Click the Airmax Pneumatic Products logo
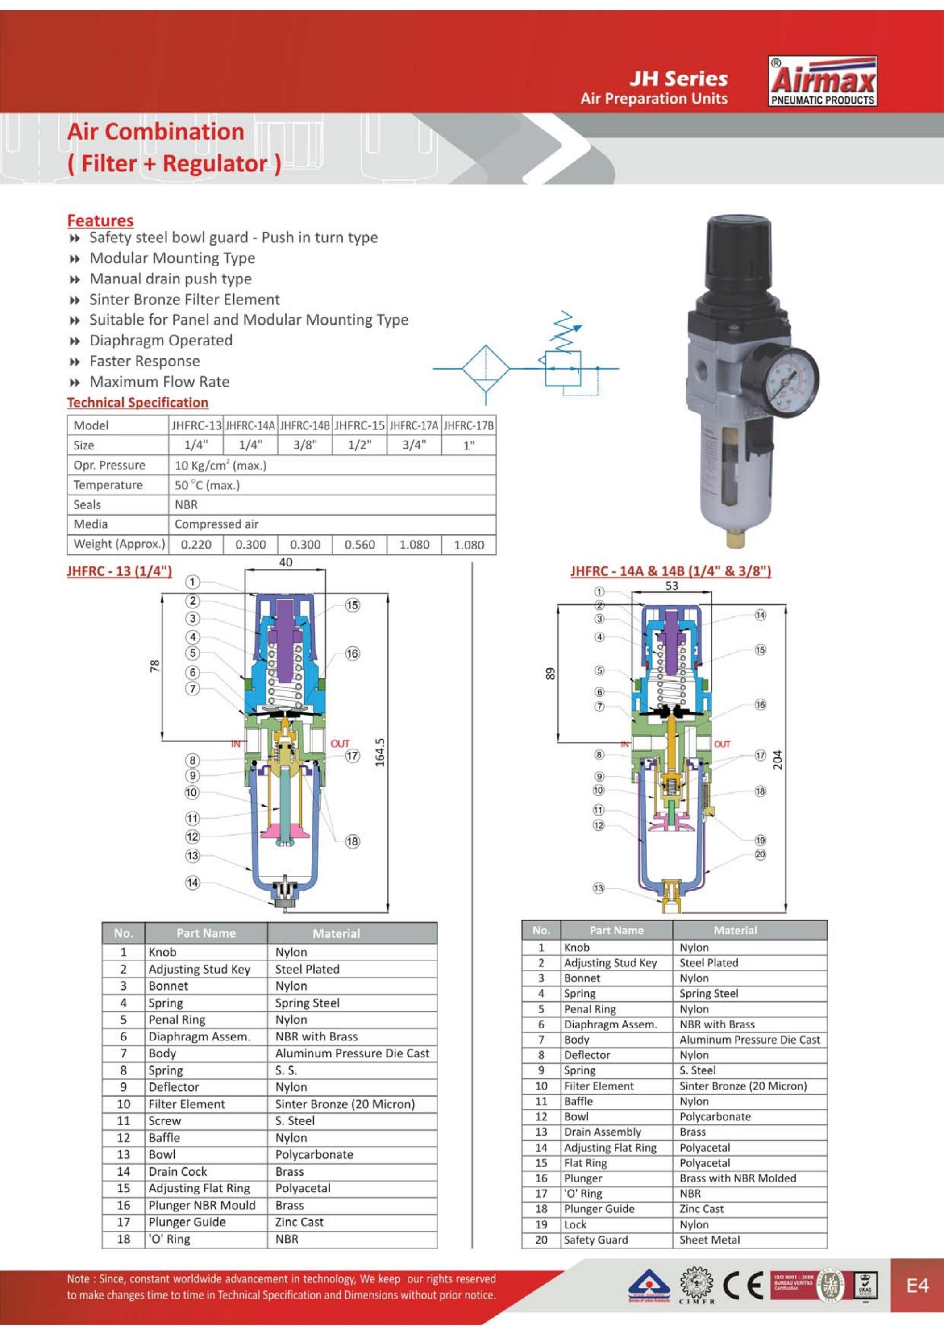[x=822, y=81]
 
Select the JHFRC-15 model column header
[x=359, y=425]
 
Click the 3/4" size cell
[x=414, y=445]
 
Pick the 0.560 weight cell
[x=359, y=545]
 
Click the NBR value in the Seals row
[x=186, y=504]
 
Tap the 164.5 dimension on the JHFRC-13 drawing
[x=380, y=753]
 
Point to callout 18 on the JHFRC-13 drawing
[x=352, y=841]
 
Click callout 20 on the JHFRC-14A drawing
[x=760, y=854]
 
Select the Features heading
[x=100, y=221]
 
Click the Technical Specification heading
[x=137, y=403]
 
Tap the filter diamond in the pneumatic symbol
[x=485, y=368]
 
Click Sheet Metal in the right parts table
[x=710, y=1240]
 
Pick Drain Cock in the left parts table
[x=178, y=1171]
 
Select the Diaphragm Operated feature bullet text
[x=161, y=341]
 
